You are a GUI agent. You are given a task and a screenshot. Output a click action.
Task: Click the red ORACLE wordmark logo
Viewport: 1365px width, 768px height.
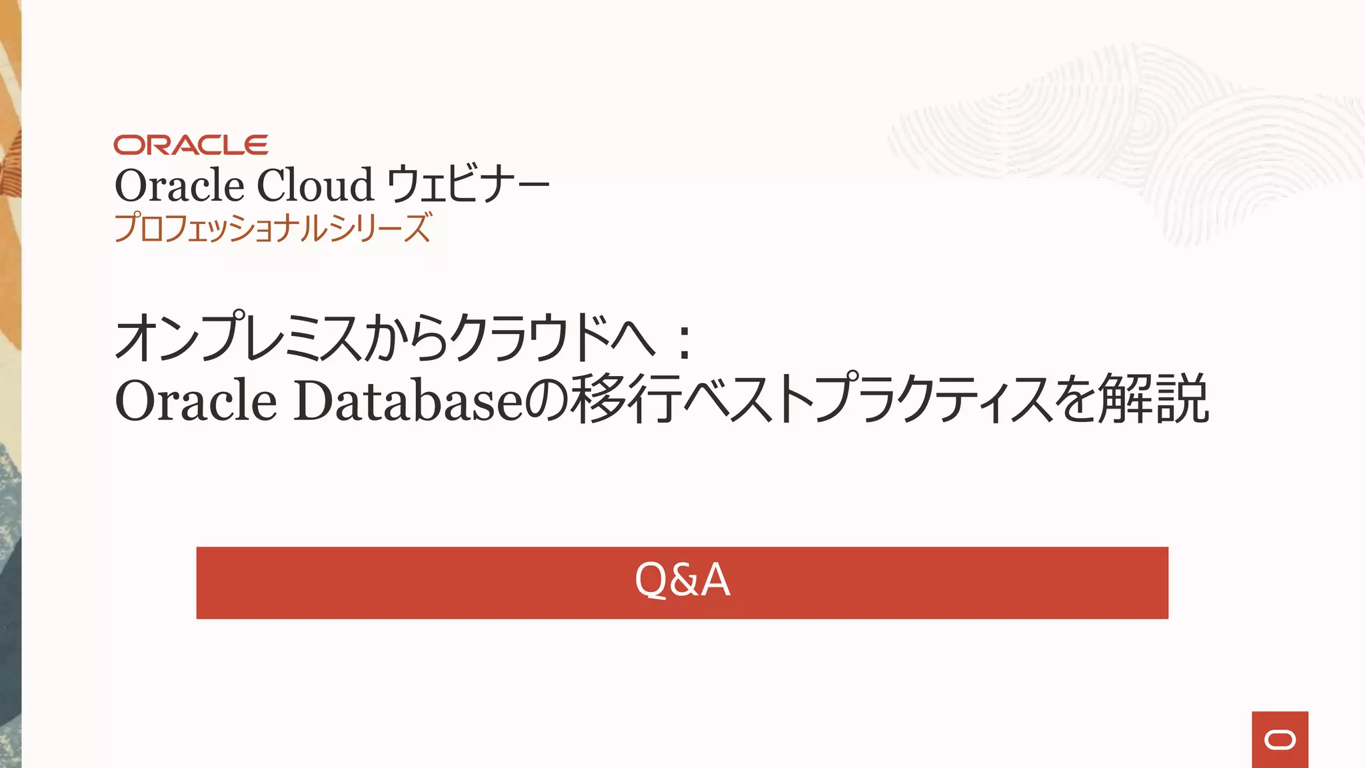pyautogui.click(x=191, y=145)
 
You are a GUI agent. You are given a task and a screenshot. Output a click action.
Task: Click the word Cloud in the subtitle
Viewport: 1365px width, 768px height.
pyautogui.click(x=315, y=185)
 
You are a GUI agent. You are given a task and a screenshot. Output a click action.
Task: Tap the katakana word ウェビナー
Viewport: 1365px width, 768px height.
pyautogui.click(x=468, y=185)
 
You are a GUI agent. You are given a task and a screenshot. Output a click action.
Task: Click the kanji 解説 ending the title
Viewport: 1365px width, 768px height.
pyautogui.click(x=1153, y=399)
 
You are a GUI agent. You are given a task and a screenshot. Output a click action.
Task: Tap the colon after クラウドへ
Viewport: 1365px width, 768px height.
pyautogui.click(x=683, y=341)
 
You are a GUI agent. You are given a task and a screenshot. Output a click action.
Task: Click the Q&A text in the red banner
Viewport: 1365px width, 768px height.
pyautogui.click(x=682, y=579)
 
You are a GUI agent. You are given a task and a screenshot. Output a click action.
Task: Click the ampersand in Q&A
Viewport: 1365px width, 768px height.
pyautogui.click(x=683, y=580)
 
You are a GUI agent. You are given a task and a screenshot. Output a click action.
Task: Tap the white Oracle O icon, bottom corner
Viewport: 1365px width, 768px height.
pyautogui.click(x=1280, y=740)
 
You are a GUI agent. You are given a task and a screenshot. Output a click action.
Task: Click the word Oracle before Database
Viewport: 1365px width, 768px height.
pyautogui.click(x=195, y=401)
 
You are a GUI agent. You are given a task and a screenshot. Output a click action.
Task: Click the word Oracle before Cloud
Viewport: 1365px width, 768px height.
pyautogui.click(x=179, y=185)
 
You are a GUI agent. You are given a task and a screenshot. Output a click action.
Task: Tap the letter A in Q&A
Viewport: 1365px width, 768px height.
pyautogui.click(x=715, y=580)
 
